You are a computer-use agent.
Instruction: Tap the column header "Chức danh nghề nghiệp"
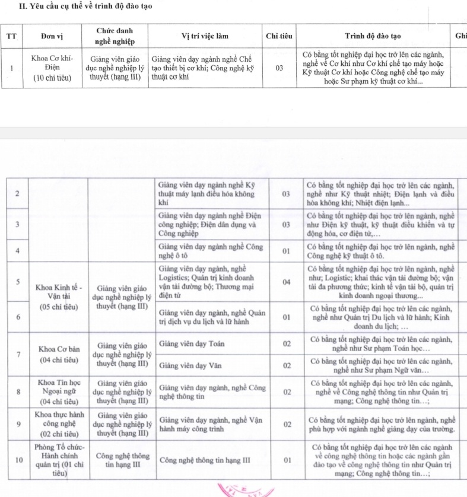pos(115,36)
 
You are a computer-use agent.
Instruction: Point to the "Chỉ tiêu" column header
pos(279,36)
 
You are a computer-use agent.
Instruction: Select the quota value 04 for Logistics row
pos(287,282)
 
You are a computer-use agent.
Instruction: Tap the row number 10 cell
pos(18,460)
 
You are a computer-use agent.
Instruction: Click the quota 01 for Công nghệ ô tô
pos(287,251)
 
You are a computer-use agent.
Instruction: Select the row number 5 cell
pos(18,282)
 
